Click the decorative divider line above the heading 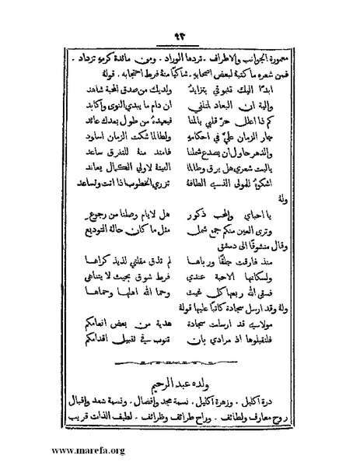tap(178, 363)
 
